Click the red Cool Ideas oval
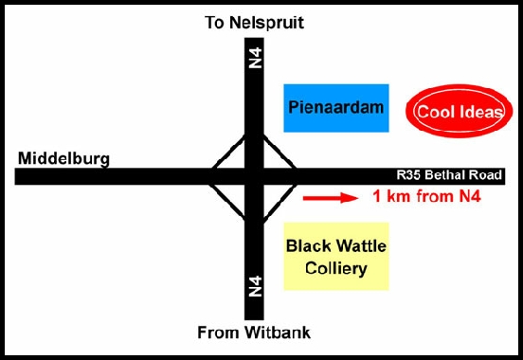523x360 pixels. tap(452, 112)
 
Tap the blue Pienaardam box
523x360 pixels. tap(337, 107)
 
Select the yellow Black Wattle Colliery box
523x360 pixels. tap(337, 257)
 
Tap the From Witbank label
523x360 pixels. tap(253, 333)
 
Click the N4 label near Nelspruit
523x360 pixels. tap(254, 58)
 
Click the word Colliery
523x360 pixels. tap(335, 269)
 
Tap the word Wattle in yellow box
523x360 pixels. tap(361, 246)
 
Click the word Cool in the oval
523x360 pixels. tap(431, 112)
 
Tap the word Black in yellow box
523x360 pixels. tap(311, 246)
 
